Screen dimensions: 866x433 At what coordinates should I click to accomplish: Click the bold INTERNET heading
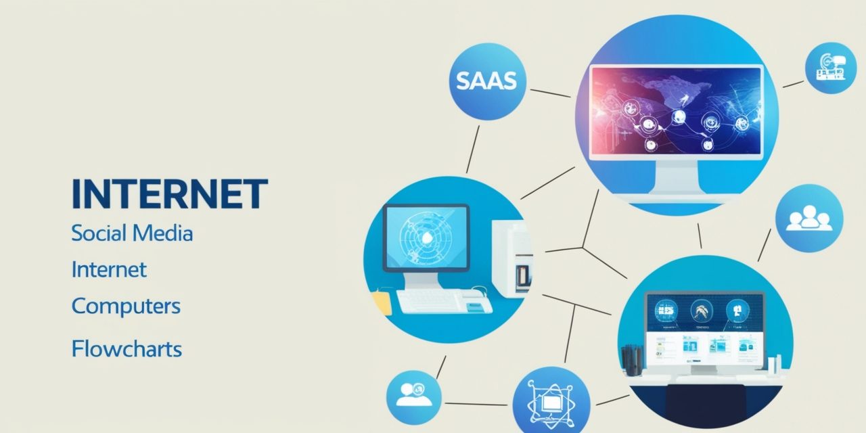[x=170, y=193]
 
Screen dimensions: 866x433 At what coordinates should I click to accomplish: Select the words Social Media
[x=132, y=233]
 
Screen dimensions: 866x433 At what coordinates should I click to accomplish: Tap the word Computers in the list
[x=126, y=306]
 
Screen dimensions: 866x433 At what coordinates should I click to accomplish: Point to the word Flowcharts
[x=127, y=348]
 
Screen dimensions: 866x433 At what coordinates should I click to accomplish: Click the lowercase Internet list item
[x=109, y=269]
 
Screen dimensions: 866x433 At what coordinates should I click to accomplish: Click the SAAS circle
[x=488, y=81]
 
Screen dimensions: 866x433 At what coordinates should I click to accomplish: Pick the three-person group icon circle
[x=809, y=218]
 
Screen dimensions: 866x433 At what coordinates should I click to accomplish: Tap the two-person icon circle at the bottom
[x=413, y=397]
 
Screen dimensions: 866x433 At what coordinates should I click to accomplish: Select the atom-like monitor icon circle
[x=551, y=402]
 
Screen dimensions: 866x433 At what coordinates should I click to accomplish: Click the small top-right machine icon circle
[x=830, y=68]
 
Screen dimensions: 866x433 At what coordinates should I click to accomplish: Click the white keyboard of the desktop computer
[x=445, y=301]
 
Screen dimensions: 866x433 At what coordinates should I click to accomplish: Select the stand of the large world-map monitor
[x=677, y=179]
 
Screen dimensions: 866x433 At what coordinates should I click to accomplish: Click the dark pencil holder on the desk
[x=632, y=361]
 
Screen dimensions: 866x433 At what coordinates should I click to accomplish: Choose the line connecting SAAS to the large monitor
[x=550, y=93]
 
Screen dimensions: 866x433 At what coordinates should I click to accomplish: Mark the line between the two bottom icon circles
[x=476, y=405]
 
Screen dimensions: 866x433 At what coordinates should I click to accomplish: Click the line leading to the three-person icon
[x=764, y=245]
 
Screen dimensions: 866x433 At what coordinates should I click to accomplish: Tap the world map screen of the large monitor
[x=676, y=111]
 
